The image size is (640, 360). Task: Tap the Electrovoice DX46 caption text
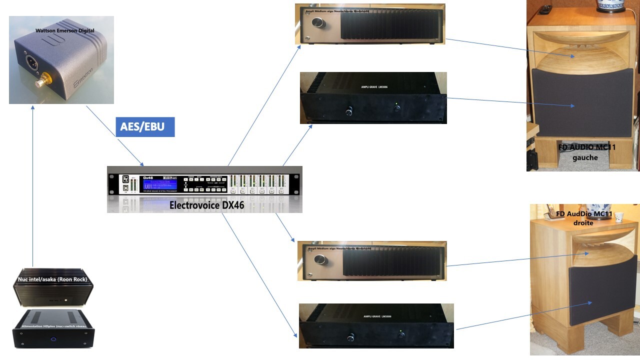tap(206, 204)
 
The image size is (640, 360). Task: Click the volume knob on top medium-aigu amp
tap(317, 22)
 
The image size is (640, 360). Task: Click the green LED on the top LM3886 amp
tap(396, 104)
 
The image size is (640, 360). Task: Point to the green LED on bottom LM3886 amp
tap(401, 331)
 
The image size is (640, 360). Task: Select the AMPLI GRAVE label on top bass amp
tap(374, 86)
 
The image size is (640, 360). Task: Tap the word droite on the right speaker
tap(583, 223)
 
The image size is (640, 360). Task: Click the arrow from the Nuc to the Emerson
tap(32, 185)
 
